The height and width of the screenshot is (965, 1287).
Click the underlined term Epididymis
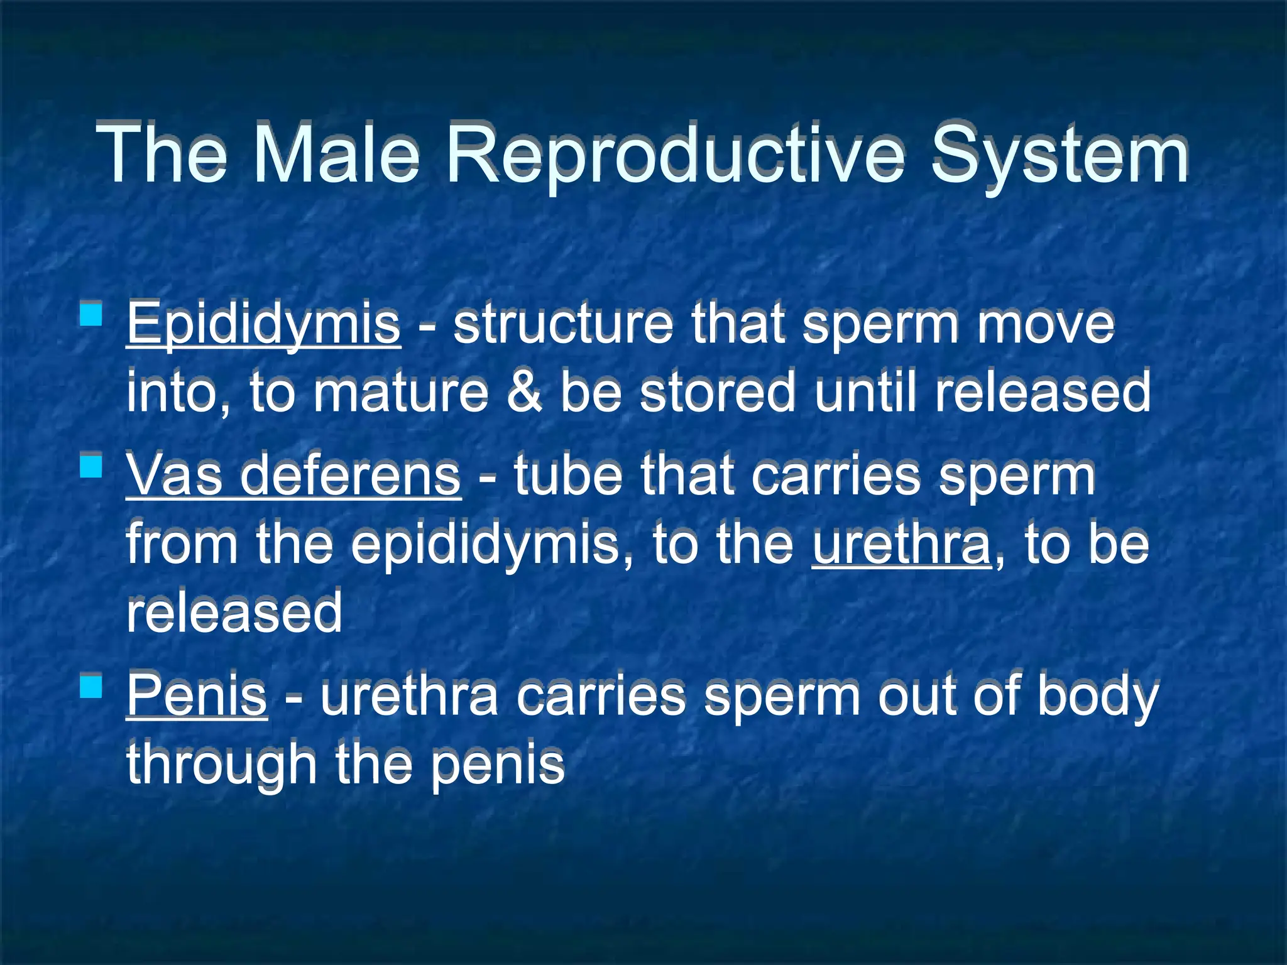263,325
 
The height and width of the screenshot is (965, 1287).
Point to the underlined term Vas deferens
293,476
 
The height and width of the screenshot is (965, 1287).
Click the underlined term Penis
197,695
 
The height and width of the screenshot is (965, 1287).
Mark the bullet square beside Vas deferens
92,466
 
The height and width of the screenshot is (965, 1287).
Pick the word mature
401,392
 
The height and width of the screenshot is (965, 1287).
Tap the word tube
568,476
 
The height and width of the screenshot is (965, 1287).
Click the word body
1097,695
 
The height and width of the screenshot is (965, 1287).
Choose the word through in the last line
221,764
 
